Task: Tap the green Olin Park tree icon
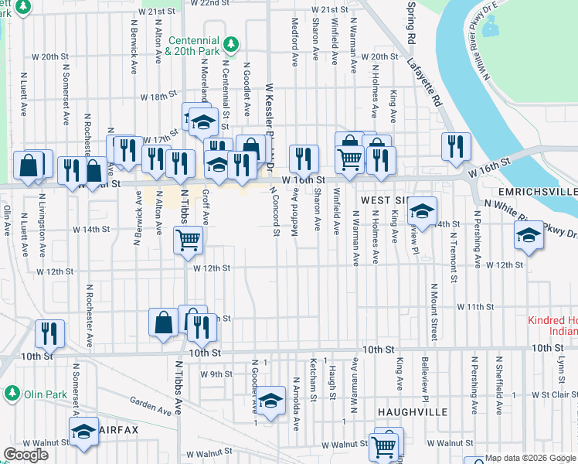(x=12, y=393)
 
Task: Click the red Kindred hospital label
(x=552, y=326)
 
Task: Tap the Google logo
(x=25, y=454)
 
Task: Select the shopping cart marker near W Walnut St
(x=384, y=446)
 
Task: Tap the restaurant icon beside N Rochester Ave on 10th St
(x=49, y=333)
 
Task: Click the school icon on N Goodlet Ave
(x=270, y=400)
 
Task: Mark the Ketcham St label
(x=314, y=379)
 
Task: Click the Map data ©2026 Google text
(x=530, y=458)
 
